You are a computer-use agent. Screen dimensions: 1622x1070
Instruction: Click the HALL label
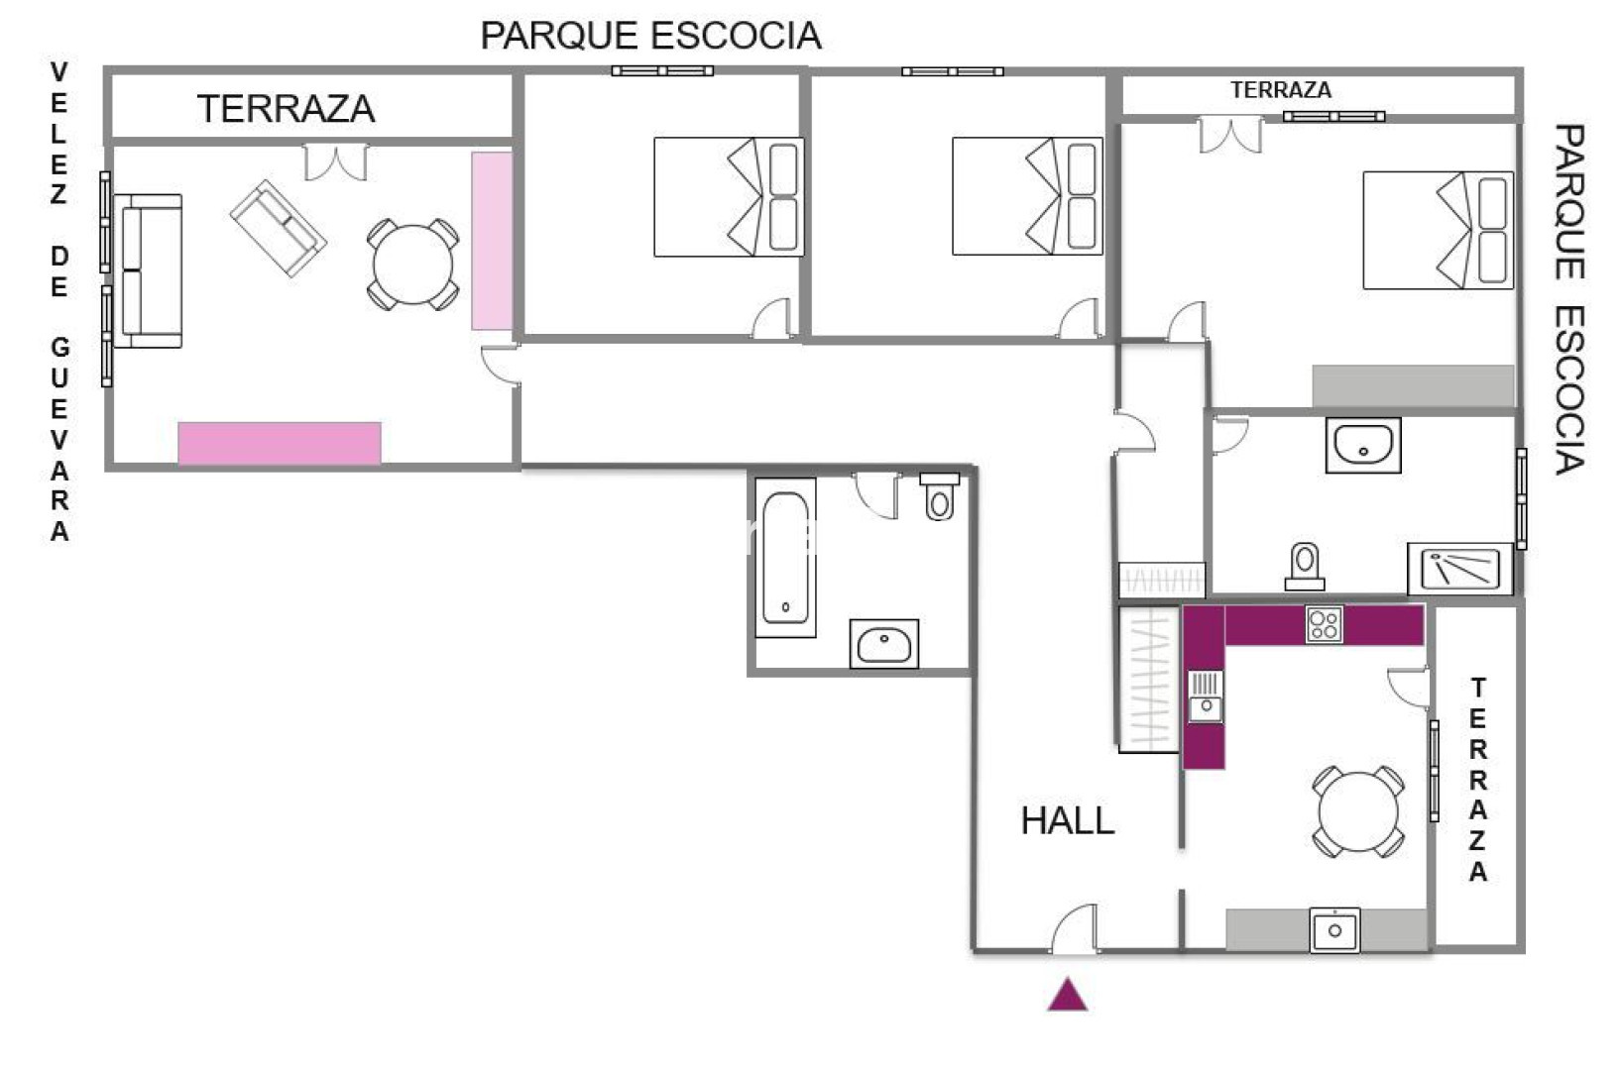click(x=1068, y=821)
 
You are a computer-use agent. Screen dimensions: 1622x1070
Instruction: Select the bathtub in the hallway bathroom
click(x=785, y=557)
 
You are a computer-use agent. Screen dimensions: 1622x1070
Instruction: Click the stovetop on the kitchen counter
click(x=1325, y=624)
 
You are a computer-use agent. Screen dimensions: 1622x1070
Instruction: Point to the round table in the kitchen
click(x=1358, y=811)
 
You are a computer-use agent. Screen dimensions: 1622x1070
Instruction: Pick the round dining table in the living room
click(x=412, y=265)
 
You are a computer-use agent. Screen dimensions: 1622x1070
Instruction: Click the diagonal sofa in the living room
click(x=278, y=229)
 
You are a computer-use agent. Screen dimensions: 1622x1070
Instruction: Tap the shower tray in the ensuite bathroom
click(x=1460, y=569)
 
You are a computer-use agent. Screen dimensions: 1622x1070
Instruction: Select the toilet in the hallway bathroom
click(x=939, y=496)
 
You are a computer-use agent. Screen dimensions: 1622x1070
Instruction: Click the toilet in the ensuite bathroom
click(x=1305, y=567)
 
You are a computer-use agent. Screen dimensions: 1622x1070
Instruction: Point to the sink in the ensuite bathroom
click(x=1363, y=446)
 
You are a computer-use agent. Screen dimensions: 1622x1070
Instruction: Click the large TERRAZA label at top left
click(x=286, y=109)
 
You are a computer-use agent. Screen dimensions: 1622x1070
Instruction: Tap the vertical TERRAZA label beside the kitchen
click(x=1478, y=780)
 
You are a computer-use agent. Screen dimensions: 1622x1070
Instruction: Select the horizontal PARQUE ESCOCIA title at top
click(x=651, y=36)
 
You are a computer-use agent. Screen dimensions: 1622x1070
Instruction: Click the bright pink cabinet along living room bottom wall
click(x=280, y=444)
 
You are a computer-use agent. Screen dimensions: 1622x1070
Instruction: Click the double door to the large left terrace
click(x=335, y=162)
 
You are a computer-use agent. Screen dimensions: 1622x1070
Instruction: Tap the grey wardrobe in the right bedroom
click(x=1414, y=386)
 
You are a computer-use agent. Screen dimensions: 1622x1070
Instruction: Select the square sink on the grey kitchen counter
click(x=1334, y=929)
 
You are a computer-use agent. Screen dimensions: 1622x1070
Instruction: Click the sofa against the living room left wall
click(x=147, y=270)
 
